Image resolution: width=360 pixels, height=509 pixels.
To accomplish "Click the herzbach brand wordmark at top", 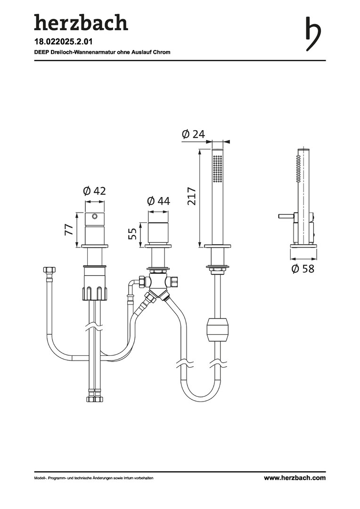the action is (x=81, y=23).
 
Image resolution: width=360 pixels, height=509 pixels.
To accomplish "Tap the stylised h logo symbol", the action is (x=313, y=34).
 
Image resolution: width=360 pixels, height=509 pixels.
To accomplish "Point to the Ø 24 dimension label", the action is (x=194, y=134).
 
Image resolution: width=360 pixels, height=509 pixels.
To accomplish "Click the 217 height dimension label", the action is (x=192, y=196).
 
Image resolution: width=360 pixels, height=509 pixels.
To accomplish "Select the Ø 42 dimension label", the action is (x=94, y=191).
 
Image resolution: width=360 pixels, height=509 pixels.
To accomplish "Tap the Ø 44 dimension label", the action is (x=158, y=201).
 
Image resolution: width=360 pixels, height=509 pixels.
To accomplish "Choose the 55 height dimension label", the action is (x=132, y=234).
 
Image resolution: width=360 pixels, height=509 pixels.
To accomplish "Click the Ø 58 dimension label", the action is (x=303, y=269).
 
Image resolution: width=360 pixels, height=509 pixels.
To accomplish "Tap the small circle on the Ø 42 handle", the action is (x=95, y=216).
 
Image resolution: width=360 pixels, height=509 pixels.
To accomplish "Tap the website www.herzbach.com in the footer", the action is (x=295, y=478).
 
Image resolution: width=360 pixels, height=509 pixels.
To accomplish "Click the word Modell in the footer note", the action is (x=40, y=478).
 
